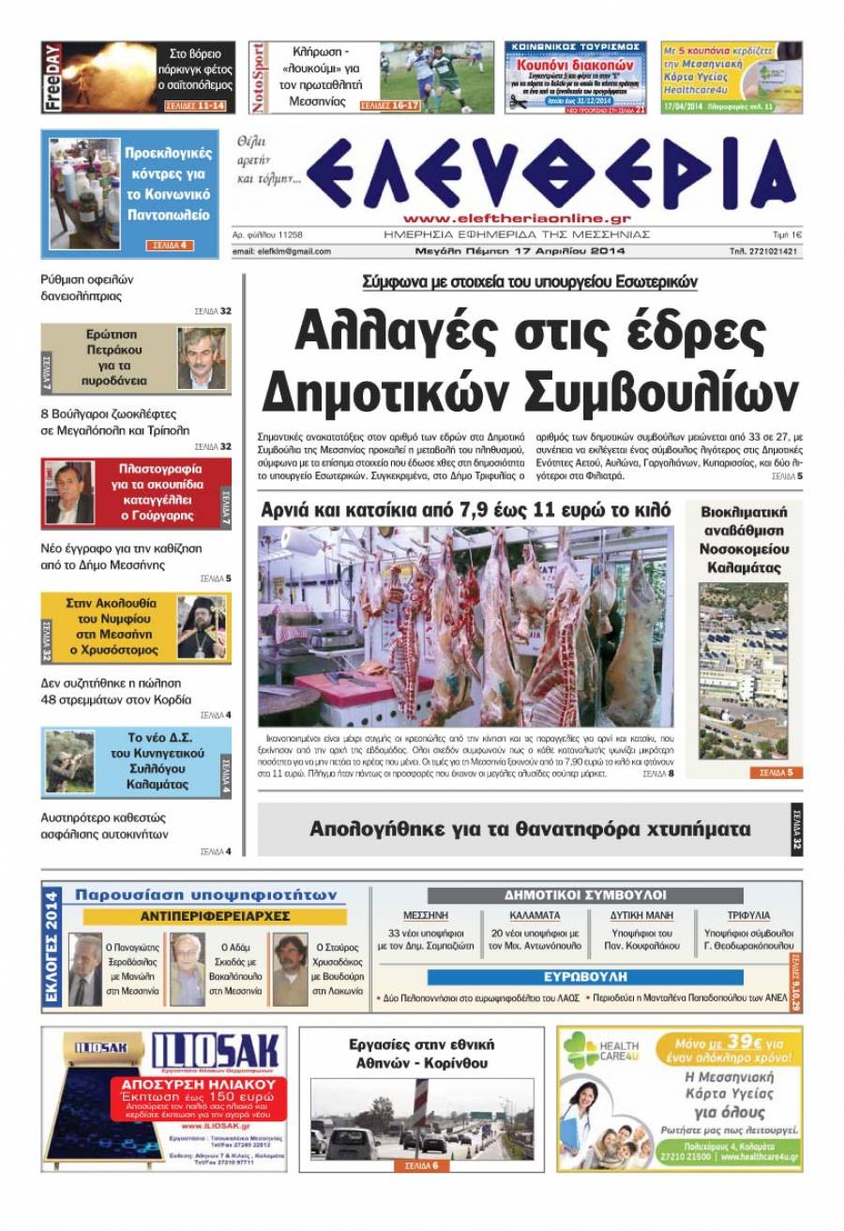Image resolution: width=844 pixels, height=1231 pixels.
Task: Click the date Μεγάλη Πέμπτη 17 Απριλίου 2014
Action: (x=520, y=251)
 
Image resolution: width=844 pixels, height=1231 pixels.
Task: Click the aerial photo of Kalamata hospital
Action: (x=743, y=671)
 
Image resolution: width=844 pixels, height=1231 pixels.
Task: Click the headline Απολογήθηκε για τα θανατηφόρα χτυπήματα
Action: (x=530, y=829)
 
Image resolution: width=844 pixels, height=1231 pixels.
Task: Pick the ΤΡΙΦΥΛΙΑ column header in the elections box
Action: (x=747, y=915)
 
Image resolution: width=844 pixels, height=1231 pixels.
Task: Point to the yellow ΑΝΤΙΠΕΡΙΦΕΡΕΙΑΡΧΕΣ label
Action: (x=215, y=915)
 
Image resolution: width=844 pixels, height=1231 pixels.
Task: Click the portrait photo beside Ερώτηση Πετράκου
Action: (x=202, y=358)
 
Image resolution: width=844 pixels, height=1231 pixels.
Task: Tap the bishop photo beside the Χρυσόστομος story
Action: (x=202, y=627)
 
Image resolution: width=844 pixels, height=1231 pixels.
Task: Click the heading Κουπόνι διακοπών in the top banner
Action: (x=574, y=71)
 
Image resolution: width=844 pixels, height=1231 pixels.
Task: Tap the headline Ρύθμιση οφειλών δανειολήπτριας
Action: (x=89, y=288)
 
